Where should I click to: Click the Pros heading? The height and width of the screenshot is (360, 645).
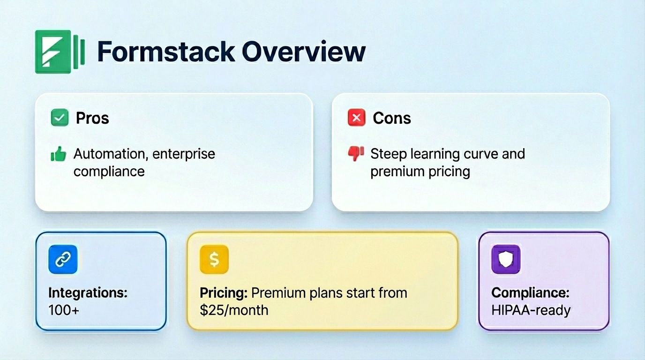[x=92, y=118]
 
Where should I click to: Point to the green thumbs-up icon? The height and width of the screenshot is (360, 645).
[x=59, y=154]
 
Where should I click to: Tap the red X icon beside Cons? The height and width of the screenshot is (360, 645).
[x=356, y=118]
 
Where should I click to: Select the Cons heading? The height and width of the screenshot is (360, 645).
[x=392, y=118]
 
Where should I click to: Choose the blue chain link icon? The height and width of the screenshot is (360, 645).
[x=63, y=259]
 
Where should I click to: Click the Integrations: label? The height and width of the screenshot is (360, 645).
[x=88, y=293]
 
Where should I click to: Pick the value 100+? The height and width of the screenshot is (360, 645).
[x=64, y=310]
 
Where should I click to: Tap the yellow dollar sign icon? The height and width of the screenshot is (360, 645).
[x=214, y=259]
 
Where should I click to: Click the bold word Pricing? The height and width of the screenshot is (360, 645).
[x=224, y=293]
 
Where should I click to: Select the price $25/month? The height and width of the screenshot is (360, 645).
[x=234, y=310]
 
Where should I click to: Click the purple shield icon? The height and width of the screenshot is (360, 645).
[x=506, y=259]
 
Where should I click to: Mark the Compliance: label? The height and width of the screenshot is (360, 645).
[x=530, y=293]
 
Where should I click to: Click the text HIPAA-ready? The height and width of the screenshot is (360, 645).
[x=531, y=310]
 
